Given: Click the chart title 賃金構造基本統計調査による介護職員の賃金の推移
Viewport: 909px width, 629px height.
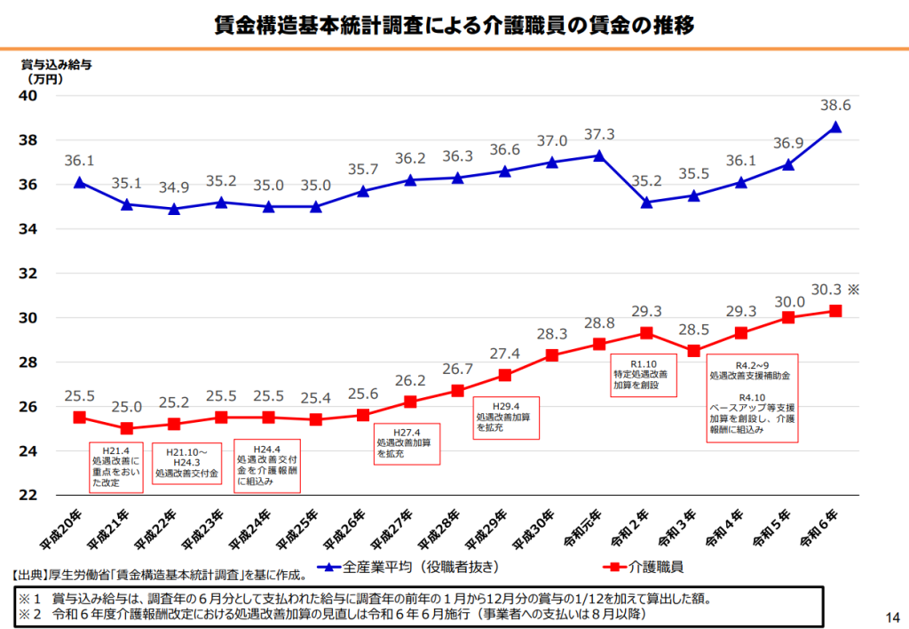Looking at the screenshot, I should click(x=454, y=25).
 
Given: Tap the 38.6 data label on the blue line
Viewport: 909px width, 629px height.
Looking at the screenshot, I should click(x=835, y=106).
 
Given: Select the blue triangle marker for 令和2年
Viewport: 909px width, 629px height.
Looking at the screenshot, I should click(x=646, y=203).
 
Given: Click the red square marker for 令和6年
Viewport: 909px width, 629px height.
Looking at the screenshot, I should click(x=835, y=311).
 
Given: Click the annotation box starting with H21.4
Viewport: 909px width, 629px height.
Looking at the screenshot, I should click(x=115, y=466).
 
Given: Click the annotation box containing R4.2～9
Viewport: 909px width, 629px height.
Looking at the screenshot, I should click(x=751, y=397).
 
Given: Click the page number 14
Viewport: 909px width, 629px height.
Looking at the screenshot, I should click(x=891, y=617).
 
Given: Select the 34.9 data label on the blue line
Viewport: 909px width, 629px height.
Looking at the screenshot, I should click(x=173, y=187).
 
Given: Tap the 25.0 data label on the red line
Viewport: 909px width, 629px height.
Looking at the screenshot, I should click(x=126, y=407).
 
